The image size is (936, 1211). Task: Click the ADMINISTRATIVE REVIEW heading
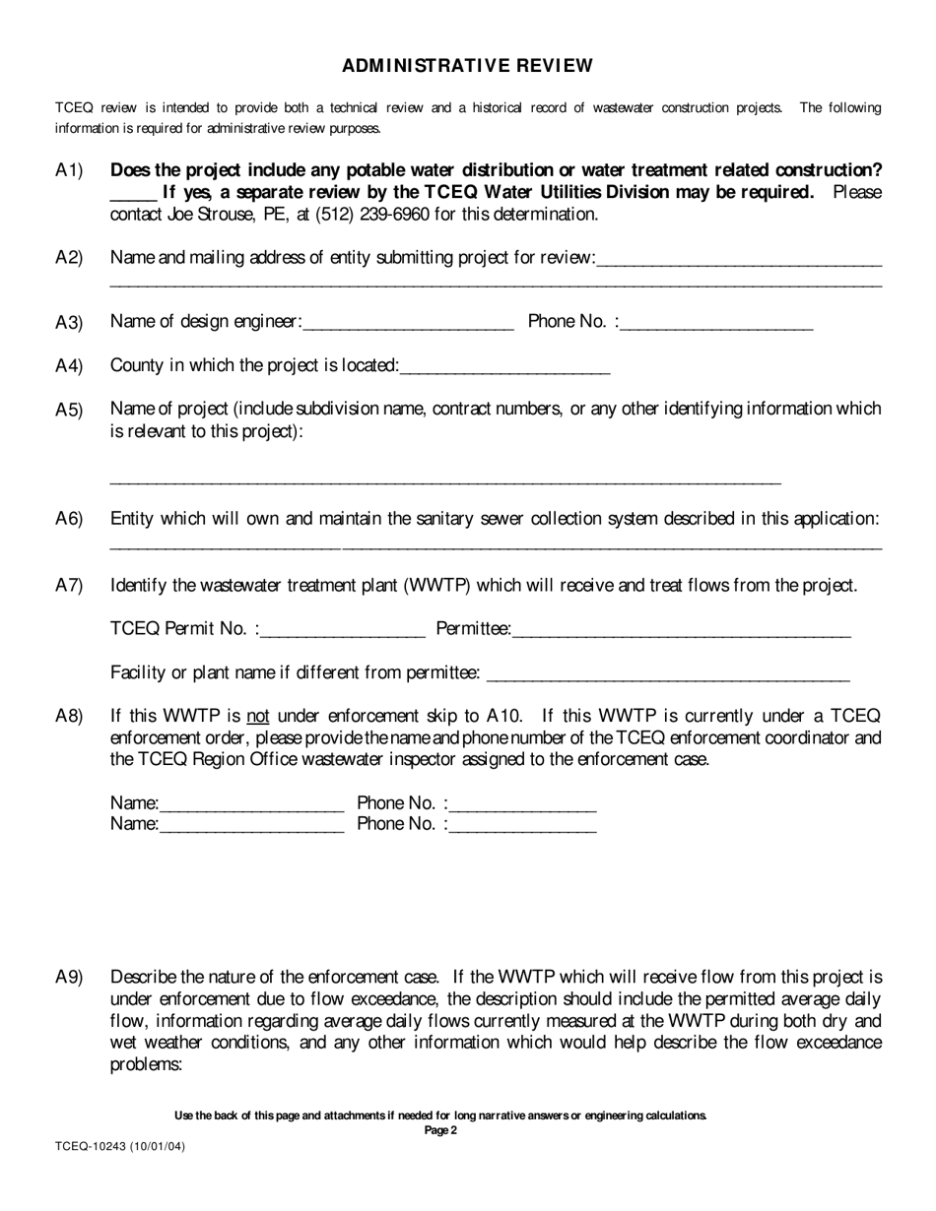click(467, 66)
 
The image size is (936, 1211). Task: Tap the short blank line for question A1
click(133, 195)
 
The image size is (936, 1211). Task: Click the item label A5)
click(69, 411)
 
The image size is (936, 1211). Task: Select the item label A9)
click(69, 978)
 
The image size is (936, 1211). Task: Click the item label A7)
click(69, 586)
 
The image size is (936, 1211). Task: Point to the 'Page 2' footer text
click(440, 1130)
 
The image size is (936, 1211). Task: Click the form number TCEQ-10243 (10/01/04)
click(119, 1147)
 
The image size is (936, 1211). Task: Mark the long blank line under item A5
click(445, 481)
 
